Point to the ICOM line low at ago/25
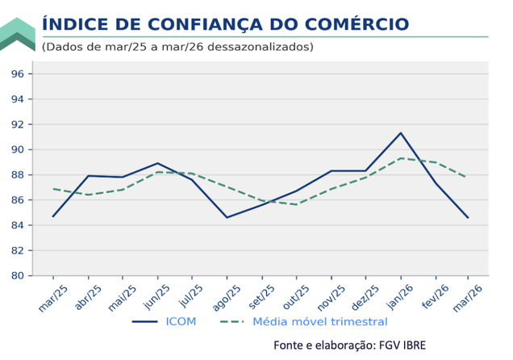pos(227,217)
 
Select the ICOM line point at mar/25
pos(53,216)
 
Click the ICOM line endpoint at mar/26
pos(469,217)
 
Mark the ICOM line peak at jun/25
pos(157,163)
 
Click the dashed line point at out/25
pos(296,204)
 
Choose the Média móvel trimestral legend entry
pos(319,321)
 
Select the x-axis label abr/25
pos(87,296)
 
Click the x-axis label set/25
pos(261,296)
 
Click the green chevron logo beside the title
pos(17,34)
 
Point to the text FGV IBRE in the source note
pos(410,345)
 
